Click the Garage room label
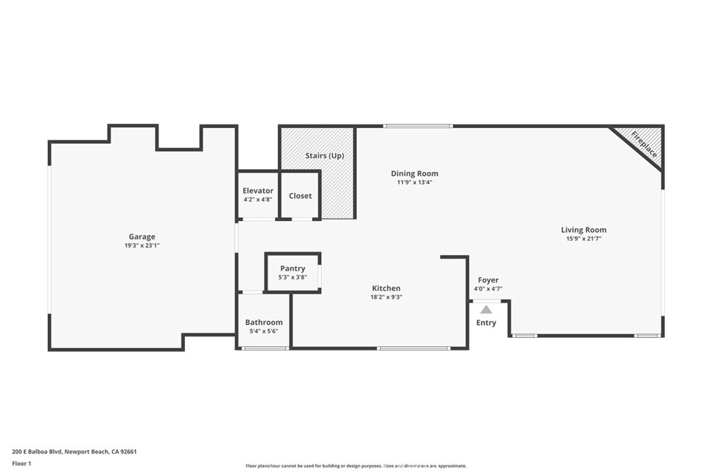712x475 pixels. click(x=142, y=236)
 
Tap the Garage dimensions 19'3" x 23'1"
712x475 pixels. click(x=142, y=245)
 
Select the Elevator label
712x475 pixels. click(x=258, y=191)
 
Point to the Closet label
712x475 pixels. click(x=300, y=196)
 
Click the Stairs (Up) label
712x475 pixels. click(x=325, y=156)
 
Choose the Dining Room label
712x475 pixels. click(x=414, y=174)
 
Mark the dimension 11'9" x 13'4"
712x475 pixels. click(x=414, y=182)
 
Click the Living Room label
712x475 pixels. click(x=583, y=230)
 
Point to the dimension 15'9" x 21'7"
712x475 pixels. click(x=583, y=239)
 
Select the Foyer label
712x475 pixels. click(x=488, y=280)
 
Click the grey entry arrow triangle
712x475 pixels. click(x=486, y=309)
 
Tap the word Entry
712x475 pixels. click(x=486, y=323)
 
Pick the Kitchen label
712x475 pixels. click(x=386, y=289)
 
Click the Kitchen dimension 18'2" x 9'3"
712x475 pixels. click(x=386, y=297)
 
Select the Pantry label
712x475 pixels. click(x=293, y=268)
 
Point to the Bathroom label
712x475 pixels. click(x=264, y=323)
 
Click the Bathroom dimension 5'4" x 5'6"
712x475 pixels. click(x=264, y=332)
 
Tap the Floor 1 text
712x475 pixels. click(x=22, y=463)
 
